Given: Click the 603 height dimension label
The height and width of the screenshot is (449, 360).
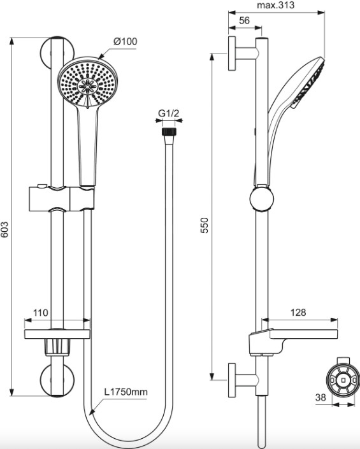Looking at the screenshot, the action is (x=4, y=229).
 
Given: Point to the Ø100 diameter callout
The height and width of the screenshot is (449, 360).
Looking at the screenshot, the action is (x=125, y=41).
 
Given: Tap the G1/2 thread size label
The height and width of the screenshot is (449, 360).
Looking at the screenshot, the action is (x=169, y=113).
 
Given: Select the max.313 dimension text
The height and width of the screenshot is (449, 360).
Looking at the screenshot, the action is (x=275, y=5).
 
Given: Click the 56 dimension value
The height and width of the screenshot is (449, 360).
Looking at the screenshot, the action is (x=244, y=20).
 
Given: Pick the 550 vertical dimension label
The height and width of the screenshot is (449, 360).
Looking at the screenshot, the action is (x=205, y=225).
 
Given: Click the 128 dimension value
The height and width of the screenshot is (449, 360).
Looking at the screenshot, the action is (x=298, y=312).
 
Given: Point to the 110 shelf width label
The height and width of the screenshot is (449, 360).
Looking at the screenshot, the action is (x=41, y=313).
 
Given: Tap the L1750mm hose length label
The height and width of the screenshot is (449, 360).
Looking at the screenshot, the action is (x=126, y=392).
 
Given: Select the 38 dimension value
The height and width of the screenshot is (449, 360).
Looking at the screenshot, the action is (x=320, y=397).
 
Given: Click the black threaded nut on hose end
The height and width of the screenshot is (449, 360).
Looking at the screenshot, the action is (x=169, y=132).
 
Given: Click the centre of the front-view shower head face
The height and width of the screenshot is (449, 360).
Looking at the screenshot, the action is (x=88, y=85).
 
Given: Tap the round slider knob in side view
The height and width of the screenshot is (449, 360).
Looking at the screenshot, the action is (x=261, y=199).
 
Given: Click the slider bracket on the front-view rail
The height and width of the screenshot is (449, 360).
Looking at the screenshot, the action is (x=62, y=199).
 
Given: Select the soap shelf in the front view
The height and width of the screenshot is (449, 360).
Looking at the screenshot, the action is (x=57, y=334).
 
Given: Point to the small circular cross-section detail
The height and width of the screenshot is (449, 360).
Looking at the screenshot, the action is (x=343, y=380).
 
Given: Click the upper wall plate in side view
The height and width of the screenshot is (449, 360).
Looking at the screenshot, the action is (x=232, y=53).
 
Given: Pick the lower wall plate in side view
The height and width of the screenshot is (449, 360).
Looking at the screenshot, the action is (x=232, y=380).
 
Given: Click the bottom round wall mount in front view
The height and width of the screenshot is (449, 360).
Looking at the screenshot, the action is (x=57, y=380).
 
